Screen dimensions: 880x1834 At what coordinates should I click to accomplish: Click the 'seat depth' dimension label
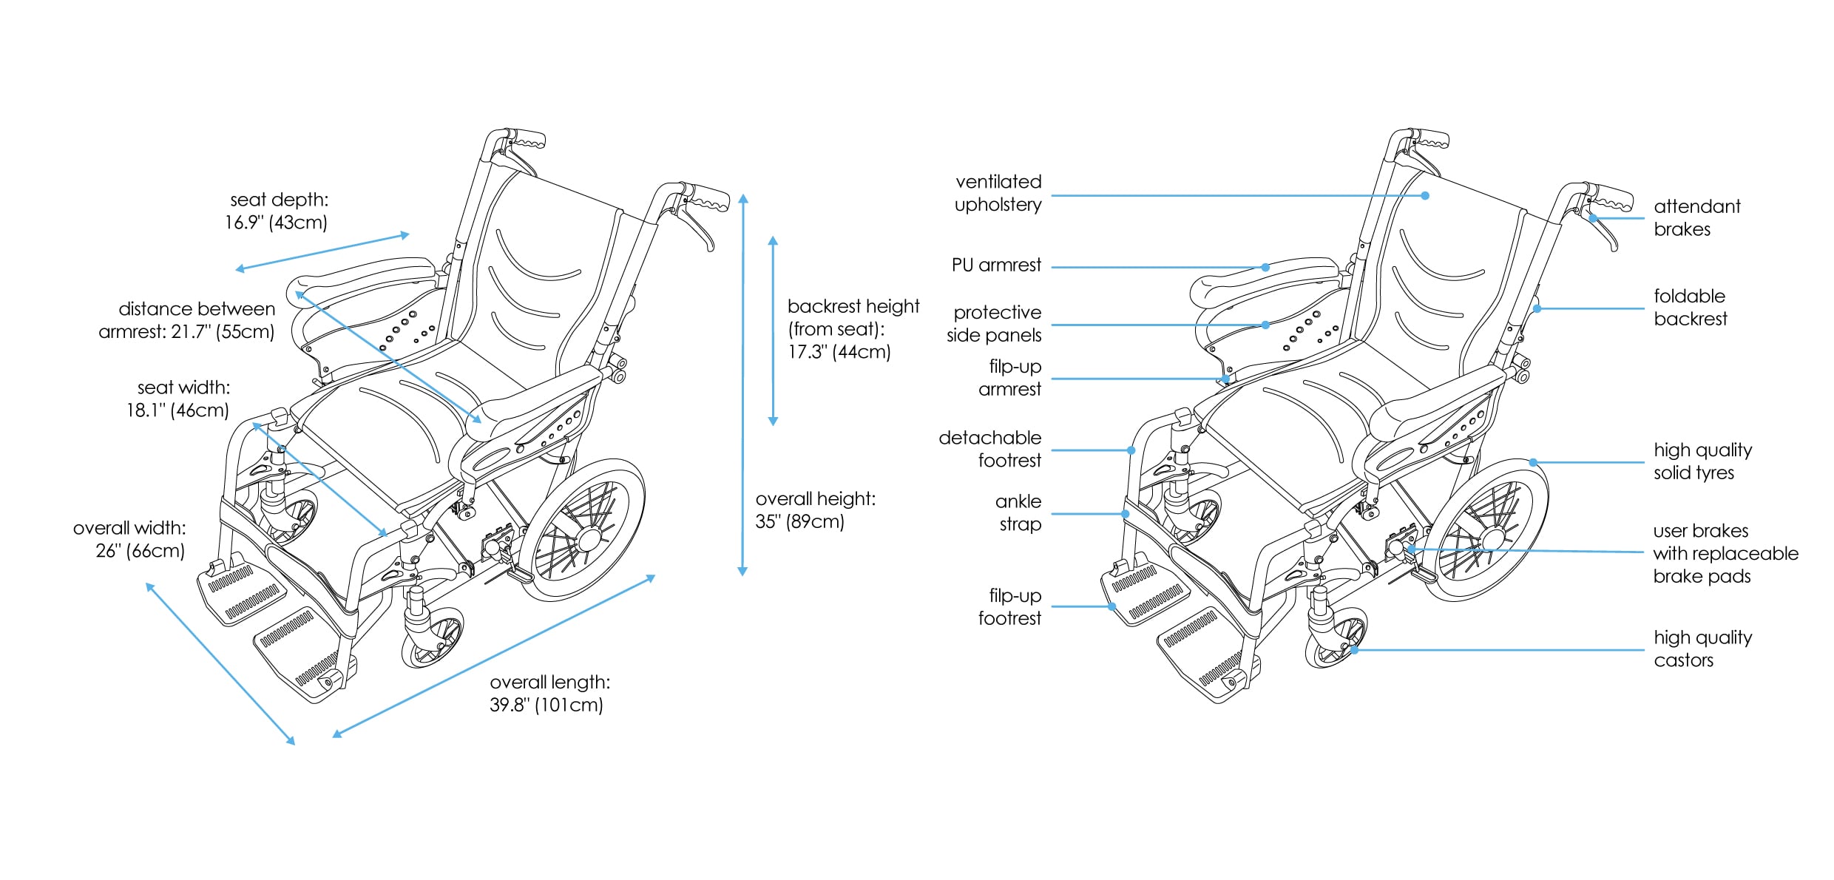click(x=277, y=211)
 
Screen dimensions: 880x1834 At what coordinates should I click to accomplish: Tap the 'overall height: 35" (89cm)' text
click(x=815, y=510)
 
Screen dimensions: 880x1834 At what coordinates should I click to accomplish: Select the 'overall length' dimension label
click(x=549, y=694)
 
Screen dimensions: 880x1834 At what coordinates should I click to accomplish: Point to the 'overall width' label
click(x=129, y=539)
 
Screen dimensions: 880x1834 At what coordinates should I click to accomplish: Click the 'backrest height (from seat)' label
click(x=853, y=328)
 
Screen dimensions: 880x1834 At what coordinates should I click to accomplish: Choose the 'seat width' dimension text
click(x=178, y=399)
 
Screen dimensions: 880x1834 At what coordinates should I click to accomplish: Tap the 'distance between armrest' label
click(x=187, y=320)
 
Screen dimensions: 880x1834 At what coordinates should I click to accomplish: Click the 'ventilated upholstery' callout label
click(x=998, y=193)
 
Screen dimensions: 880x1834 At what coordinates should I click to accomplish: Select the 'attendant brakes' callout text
click(x=1696, y=217)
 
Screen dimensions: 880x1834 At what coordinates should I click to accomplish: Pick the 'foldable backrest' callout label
click(x=1691, y=308)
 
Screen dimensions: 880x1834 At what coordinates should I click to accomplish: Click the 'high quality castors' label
click(x=1702, y=649)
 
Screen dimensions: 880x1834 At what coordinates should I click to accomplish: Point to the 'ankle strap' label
click(x=1018, y=512)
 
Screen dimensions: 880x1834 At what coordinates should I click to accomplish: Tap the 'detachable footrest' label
click(x=990, y=449)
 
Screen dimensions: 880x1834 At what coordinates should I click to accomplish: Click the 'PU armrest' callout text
click(x=996, y=265)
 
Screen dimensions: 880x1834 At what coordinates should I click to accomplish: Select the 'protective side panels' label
click(x=994, y=324)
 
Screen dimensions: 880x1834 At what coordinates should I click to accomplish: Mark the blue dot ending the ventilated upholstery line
click(x=1425, y=196)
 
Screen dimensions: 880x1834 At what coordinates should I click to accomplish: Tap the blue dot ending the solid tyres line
click(x=1533, y=462)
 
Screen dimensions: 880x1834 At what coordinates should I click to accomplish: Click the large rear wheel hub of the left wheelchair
click(x=589, y=539)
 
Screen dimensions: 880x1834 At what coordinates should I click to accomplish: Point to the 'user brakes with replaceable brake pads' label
click(x=1725, y=553)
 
